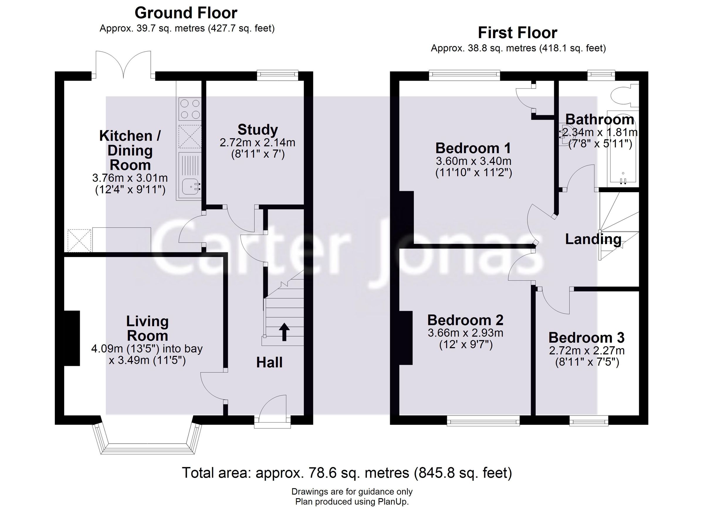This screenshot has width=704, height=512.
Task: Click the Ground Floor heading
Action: [x=186, y=13]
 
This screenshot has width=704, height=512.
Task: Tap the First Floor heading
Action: [x=517, y=33]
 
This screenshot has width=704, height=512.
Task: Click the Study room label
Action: [x=258, y=130]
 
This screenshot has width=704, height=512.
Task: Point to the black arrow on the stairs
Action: [x=284, y=332]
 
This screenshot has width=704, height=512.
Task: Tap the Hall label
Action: [x=269, y=362]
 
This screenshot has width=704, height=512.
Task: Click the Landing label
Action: [x=593, y=239]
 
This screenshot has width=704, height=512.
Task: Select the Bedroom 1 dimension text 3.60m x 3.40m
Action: [x=473, y=161]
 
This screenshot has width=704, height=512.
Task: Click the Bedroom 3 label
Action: [x=586, y=337]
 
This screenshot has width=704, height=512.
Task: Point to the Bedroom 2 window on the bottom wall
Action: [x=483, y=421]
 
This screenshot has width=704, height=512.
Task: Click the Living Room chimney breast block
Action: [x=72, y=338]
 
